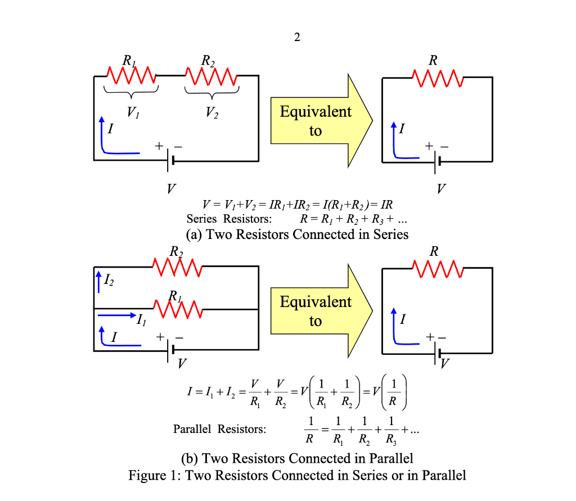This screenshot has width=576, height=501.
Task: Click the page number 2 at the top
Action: click(x=297, y=38)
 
